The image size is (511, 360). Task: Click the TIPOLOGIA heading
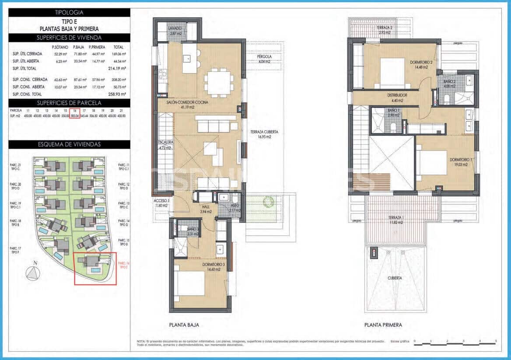(x=69, y=13)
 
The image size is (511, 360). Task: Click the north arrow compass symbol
(x=32, y=273)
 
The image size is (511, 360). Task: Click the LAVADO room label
(x=175, y=31)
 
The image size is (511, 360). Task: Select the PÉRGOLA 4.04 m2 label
(x=265, y=59)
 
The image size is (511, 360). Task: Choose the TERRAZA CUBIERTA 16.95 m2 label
(x=264, y=134)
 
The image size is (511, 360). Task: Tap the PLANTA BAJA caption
(x=184, y=325)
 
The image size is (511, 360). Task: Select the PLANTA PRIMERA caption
(x=383, y=325)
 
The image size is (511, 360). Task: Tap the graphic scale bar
(x=455, y=344)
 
